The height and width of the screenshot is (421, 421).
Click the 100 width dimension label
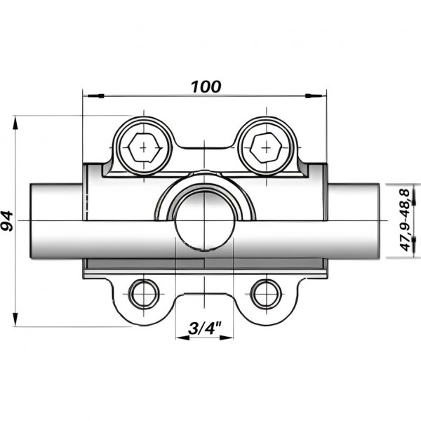(x=206, y=86)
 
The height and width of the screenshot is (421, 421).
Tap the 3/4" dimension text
(x=205, y=327)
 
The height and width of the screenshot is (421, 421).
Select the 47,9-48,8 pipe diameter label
(x=405, y=220)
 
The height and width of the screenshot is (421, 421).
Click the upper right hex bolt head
(x=266, y=147)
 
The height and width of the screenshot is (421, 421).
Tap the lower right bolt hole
(x=266, y=293)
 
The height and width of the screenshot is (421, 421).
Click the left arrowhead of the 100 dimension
(x=88, y=93)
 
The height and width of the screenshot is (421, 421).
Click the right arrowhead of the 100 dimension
(x=323, y=93)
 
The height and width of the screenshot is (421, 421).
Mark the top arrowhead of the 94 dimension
(x=15, y=121)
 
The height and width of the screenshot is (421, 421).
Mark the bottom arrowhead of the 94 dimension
(x=15, y=321)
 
